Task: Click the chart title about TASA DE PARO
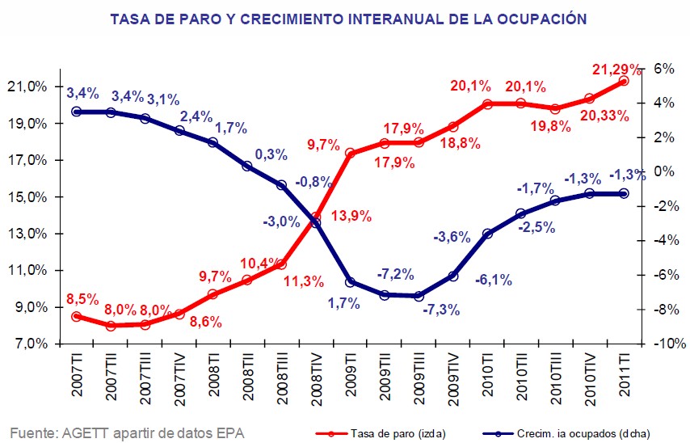click(347, 18)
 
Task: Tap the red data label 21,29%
click(616, 70)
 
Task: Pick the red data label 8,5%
click(83, 299)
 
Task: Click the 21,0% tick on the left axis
click(30, 86)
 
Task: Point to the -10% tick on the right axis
click(656, 344)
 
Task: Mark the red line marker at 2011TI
click(623, 81)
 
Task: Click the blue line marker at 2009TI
click(350, 282)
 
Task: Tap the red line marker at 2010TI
click(486, 103)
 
